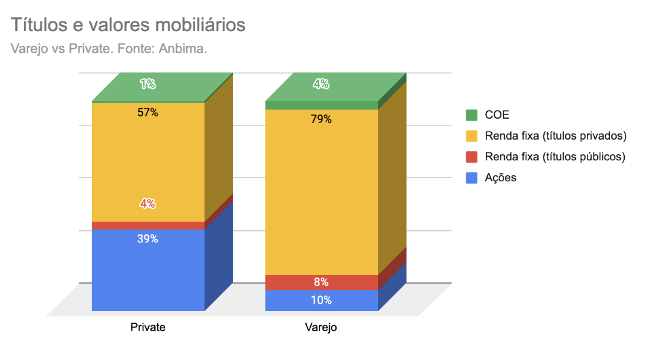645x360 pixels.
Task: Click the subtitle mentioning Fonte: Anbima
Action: pyautogui.click(x=109, y=48)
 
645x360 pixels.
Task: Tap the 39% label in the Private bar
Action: pyautogui.click(x=148, y=239)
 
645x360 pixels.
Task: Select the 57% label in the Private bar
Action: pyautogui.click(x=148, y=113)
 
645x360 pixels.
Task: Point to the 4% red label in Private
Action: pyautogui.click(x=148, y=204)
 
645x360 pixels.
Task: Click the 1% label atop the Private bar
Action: pyautogui.click(x=147, y=84)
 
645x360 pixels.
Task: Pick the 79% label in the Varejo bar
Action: pyautogui.click(x=321, y=119)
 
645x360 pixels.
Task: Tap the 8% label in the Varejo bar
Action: pyautogui.click(x=321, y=282)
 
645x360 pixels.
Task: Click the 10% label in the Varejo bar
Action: pyautogui.click(x=321, y=300)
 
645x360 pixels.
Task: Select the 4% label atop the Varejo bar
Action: pyautogui.click(x=321, y=84)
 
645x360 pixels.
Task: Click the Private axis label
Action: pyautogui.click(x=148, y=328)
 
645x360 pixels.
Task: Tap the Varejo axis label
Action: pyautogui.click(x=321, y=328)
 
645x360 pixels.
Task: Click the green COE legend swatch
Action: pyautogui.click(x=471, y=115)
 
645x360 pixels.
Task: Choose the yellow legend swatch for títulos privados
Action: pyautogui.click(x=471, y=136)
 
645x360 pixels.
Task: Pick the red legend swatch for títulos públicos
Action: pyautogui.click(x=471, y=157)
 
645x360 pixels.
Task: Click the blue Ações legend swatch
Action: pyautogui.click(x=471, y=178)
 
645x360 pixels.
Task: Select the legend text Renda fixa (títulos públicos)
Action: pyautogui.click(x=554, y=157)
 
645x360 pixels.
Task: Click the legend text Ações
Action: pyautogui.click(x=501, y=178)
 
